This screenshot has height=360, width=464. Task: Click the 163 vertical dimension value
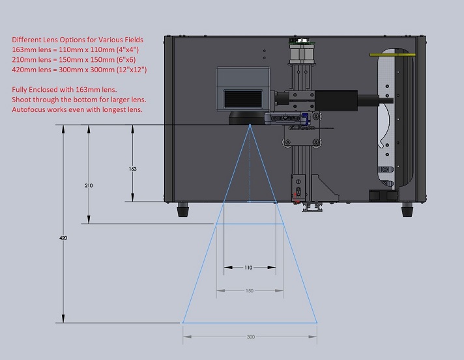(x=133, y=169)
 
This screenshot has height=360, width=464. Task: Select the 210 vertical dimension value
(x=89, y=186)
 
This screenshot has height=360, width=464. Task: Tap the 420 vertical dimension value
(x=64, y=238)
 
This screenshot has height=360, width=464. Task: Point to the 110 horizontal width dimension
(x=250, y=267)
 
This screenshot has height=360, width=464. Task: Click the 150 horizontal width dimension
(x=250, y=290)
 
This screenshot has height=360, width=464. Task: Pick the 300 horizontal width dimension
(x=250, y=337)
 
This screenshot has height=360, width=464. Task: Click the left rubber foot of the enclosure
(x=184, y=210)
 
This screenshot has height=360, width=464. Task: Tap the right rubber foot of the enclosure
(x=407, y=210)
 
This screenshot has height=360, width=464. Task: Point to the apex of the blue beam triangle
(x=250, y=127)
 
